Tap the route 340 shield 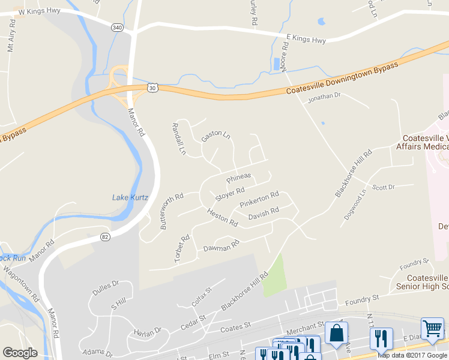[117, 27]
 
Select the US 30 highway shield [154, 88]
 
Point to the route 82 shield [105, 237]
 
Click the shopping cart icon [432, 328]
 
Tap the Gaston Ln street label [215, 136]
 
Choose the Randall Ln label [179, 139]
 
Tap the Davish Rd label [264, 212]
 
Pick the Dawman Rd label [221, 246]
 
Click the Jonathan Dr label [324, 96]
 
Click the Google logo [20, 353]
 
